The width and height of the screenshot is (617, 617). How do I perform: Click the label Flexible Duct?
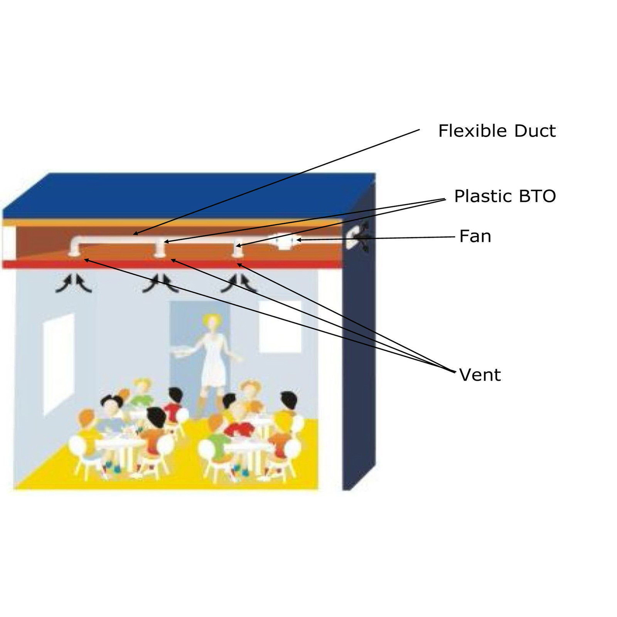click(497, 131)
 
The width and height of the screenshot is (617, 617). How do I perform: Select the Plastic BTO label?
click(505, 196)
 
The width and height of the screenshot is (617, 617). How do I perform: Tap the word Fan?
click(475, 237)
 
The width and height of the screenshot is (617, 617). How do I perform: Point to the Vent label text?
click(480, 375)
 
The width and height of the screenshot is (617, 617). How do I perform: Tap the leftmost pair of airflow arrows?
click(74, 284)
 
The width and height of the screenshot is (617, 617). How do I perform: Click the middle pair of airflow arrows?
click(160, 284)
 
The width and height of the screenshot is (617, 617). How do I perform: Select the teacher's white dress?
click(214, 362)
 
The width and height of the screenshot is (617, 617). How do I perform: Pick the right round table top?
click(247, 444)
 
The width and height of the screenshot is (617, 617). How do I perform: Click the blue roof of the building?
click(185, 195)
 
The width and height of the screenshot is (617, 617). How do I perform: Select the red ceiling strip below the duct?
click(173, 264)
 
